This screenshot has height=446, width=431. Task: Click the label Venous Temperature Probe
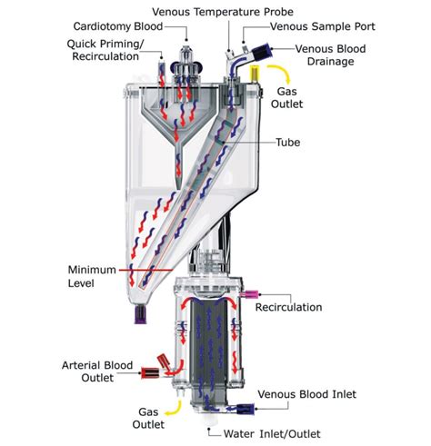point(223,12)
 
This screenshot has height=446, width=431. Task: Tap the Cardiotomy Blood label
point(118,26)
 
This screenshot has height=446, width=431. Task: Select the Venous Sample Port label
point(323,26)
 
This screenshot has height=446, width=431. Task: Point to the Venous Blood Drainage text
point(330,55)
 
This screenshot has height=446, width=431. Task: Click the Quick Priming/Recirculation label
point(105,50)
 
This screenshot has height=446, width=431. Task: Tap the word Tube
point(288,142)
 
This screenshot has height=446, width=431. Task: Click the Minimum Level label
point(92,276)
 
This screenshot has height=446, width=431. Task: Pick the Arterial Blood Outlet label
point(97,372)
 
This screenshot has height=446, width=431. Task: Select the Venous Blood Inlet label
point(307,394)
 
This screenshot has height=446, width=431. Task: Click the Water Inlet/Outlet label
point(272,433)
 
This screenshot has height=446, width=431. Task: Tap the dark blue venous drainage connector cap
point(263,51)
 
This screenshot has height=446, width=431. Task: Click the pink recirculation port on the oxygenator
point(250,293)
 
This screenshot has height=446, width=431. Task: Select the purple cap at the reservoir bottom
point(140,313)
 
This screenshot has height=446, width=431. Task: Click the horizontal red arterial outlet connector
point(150,373)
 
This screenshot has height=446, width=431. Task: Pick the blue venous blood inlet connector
point(245,409)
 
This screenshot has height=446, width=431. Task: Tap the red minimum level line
point(146,270)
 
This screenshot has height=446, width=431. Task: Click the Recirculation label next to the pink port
point(288,307)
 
